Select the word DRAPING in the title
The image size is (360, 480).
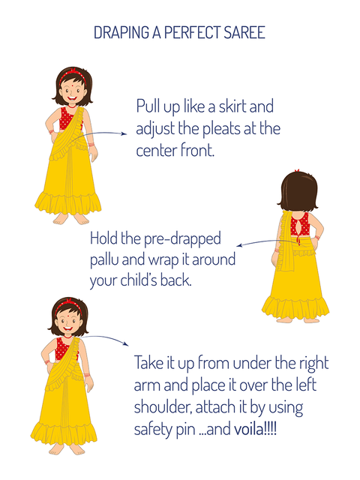121,32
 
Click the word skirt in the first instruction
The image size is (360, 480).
232,106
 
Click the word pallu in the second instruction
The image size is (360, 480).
104,260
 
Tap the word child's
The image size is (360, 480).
139,280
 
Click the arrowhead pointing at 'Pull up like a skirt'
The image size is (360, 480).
124,133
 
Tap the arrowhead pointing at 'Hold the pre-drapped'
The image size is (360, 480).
240,245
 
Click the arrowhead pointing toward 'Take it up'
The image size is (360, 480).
126,343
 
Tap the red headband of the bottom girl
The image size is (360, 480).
69,304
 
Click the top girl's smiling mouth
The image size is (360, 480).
72,98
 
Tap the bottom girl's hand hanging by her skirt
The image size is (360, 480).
89,384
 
